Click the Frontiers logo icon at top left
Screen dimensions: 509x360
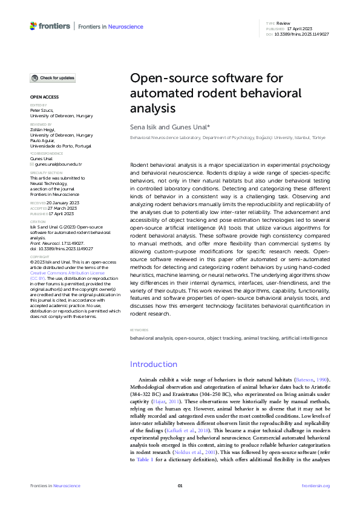tap(33, 26)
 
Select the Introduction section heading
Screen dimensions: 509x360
tap(154, 364)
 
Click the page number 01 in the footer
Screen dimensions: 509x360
tap(180, 486)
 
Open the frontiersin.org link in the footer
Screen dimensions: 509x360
tap(315, 486)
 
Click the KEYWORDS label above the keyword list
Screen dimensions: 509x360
tap(139, 330)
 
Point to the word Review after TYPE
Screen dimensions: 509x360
tap(283, 22)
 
